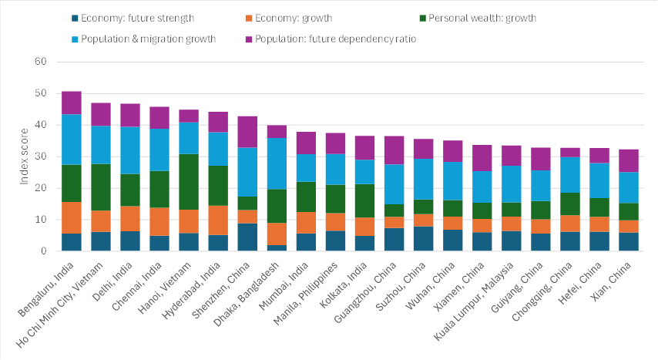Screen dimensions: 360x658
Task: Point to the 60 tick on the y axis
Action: (41, 62)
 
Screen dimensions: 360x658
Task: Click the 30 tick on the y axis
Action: (41, 156)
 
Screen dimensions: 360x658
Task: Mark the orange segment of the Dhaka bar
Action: (277, 234)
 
